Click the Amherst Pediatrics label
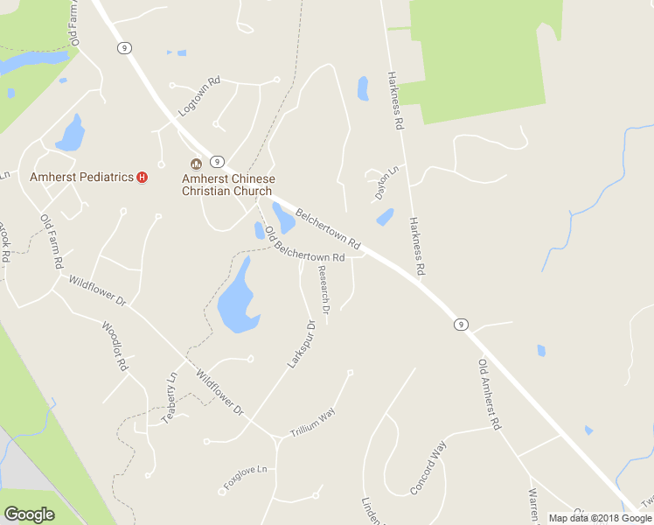(x=81, y=177)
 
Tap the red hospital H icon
(x=142, y=177)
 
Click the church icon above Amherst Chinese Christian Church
(x=196, y=164)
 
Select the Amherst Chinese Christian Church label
(x=227, y=185)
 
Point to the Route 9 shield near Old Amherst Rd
(x=460, y=325)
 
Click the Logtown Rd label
(x=198, y=97)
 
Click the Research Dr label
(x=324, y=290)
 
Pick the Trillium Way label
(x=313, y=423)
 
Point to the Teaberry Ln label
(x=170, y=398)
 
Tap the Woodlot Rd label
(x=115, y=345)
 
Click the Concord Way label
(x=428, y=468)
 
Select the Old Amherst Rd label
(x=489, y=394)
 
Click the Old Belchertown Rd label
(x=303, y=247)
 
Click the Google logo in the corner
(x=29, y=514)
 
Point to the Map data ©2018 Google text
(x=599, y=518)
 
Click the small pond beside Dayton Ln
(x=384, y=217)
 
